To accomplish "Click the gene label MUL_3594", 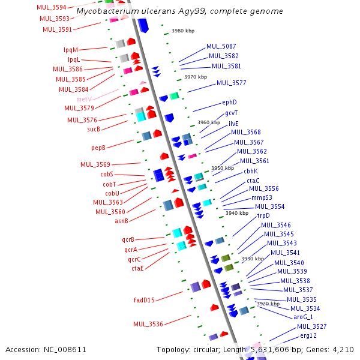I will (51, 8).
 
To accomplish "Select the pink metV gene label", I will (83, 99).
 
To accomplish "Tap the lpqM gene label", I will (71, 50).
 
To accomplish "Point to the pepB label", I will (98, 148).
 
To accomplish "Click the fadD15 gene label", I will (144, 300).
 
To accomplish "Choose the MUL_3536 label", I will (148, 324).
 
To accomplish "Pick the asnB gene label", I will (121, 221).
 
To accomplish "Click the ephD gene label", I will (230, 103).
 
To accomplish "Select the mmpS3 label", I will (262, 197).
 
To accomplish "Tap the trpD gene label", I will (263, 215).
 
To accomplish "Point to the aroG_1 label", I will (303, 317).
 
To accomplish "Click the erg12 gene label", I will (308, 335).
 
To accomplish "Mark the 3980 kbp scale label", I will (183, 31).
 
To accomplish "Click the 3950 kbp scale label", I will (222, 169).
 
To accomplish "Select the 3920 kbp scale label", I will (268, 304).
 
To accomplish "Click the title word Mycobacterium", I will (104, 11).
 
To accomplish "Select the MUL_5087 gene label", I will (221, 46).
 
